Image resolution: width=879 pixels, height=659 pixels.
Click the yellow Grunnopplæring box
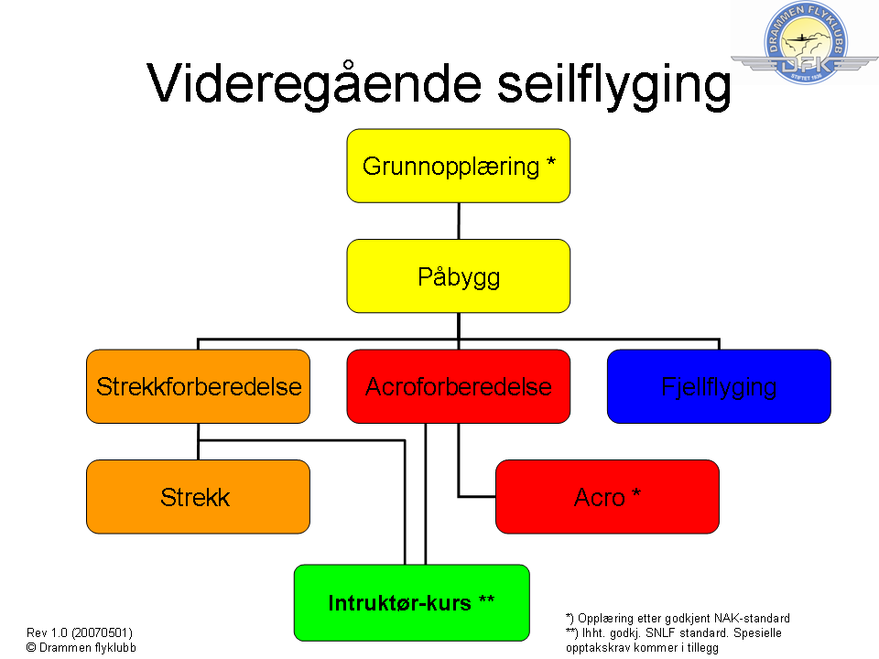click(x=458, y=166)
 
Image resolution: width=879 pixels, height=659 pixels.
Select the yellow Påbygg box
click(x=458, y=275)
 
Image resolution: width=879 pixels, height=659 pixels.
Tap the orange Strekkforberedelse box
click(x=199, y=386)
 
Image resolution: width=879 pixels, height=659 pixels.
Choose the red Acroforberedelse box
click(x=458, y=386)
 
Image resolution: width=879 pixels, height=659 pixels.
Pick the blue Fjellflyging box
click(x=719, y=386)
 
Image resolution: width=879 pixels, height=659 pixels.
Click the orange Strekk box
click(x=198, y=497)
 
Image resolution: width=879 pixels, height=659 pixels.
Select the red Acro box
click(x=607, y=497)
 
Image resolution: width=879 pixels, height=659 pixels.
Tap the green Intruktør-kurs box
click(x=411, y=602)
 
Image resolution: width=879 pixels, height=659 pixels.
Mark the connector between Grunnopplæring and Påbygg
click(x=459, y=221)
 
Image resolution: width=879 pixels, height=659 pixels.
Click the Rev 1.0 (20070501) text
click(x=80, y=632)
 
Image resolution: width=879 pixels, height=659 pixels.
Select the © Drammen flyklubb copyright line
click(x=81, y=647)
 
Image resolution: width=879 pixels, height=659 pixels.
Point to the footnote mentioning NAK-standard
click(x=678, y=619)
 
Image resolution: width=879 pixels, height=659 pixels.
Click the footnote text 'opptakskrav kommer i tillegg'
click(x=642, y=647)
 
